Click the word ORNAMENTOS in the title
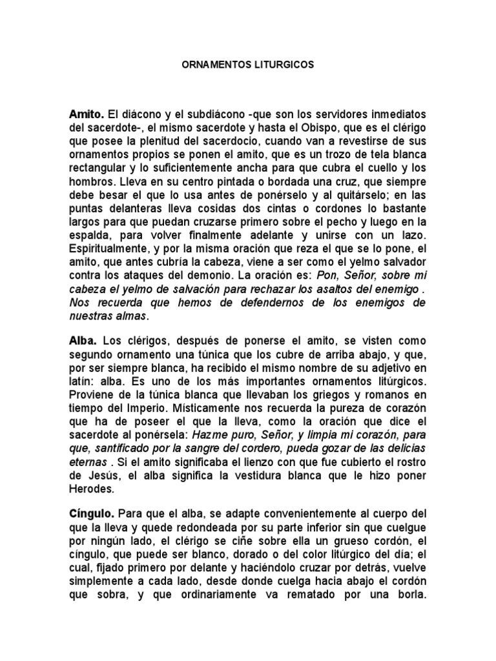click(207, 65)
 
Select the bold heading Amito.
click(86, 114)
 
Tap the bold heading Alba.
click(82, 340)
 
